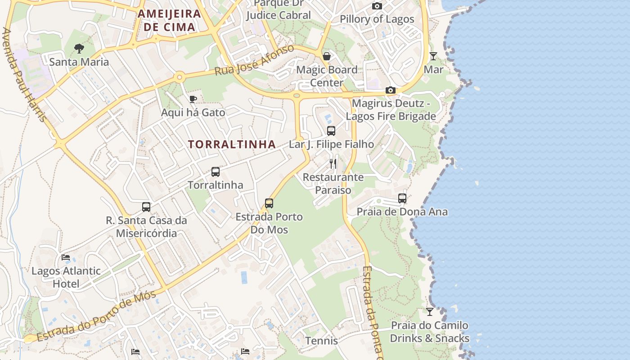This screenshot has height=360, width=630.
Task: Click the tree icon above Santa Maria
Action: pos(79,48)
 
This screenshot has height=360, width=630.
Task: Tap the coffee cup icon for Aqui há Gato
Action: pos(193,99)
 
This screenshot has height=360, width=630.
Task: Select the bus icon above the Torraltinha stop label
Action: pos(216,171)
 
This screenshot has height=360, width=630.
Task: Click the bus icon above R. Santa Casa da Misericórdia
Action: pos(146,207)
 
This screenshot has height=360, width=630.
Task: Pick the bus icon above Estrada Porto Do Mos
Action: pos(269,203)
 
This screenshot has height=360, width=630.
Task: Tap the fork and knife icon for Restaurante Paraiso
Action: pos(333,163)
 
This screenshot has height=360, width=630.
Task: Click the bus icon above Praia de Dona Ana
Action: pos(402,198)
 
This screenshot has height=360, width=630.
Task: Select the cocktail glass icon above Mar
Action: pos(433,56)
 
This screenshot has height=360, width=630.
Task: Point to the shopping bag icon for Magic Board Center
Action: pos(327,56)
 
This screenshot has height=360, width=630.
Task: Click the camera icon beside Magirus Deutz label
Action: pos(390,90)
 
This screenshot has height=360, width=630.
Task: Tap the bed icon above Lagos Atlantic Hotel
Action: pos(66,257)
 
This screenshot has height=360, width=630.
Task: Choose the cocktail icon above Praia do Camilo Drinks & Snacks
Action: pos(430,311)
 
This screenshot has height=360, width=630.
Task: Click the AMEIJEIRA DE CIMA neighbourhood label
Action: pos(169,20)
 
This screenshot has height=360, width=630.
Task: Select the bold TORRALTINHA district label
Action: pos(232,144)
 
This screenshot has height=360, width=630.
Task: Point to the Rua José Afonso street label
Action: pos(254,60)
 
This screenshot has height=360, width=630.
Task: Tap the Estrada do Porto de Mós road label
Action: pos(96,316)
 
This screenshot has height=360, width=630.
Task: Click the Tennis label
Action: pos(321,341)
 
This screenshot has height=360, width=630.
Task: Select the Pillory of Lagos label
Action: pos(377,19)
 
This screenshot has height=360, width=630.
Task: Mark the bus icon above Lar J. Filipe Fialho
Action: pos(331,131)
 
